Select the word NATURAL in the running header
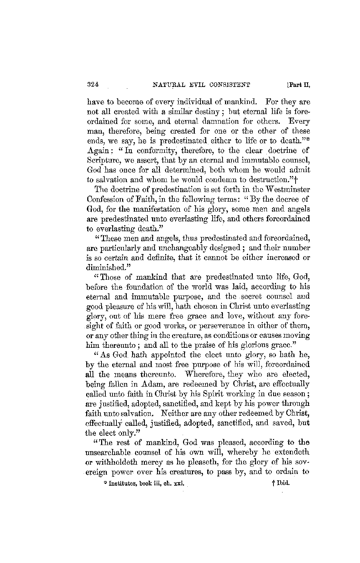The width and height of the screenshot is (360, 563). coord(166,85)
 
